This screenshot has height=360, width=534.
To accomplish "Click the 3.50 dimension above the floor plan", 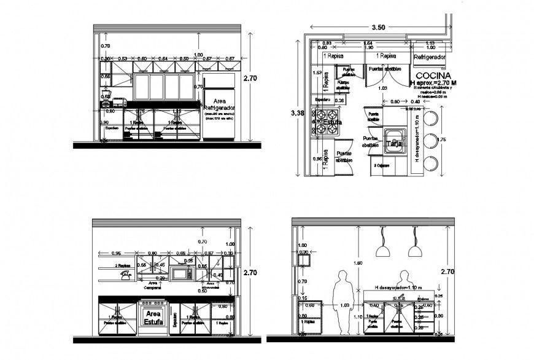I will pos(378,28).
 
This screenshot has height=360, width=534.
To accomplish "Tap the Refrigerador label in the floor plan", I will pos(428,57).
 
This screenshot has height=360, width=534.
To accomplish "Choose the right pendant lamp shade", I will pos(415,251).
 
